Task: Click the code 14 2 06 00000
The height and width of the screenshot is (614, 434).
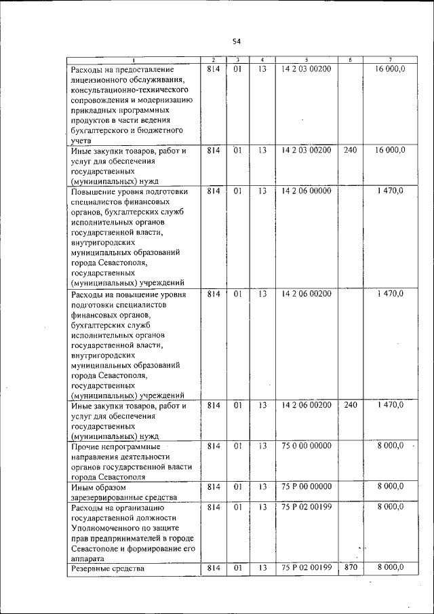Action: click(307, 191)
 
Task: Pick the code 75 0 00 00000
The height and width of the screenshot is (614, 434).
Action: click(307, 446)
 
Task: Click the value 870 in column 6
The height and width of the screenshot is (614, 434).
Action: click(350, 568)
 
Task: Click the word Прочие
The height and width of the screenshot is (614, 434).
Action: click(85, 446)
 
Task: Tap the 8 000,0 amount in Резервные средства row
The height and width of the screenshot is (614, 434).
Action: click(390, 568)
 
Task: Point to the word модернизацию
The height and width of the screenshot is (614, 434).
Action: click(163, 100)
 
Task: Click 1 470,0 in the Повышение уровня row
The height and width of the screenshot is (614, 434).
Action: click(390, 191)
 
